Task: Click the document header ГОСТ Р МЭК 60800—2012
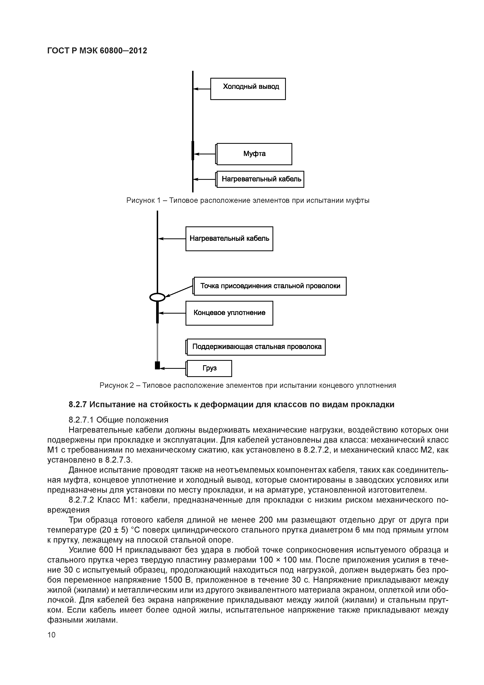click(x=97, y=51)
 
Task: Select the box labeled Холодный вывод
click(x=248, y=89)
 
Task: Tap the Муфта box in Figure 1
click(x=254, y=154)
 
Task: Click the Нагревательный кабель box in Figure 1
click(x=260, y=179)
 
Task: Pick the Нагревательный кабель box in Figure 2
click(x=229, y=239)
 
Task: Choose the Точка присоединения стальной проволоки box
click(x=270, y=286)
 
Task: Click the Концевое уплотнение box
click(x=229, y=313)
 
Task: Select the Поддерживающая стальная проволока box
click(x=256, y=347)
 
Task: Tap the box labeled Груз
click(x=209, y=368)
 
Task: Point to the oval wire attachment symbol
click(x=157, y=297)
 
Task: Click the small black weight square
click(x=157, y=365)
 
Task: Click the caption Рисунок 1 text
click(x=247, y=200)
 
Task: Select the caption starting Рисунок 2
click(x=247, y=385)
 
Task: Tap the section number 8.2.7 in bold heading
click(x=78, y=405)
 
